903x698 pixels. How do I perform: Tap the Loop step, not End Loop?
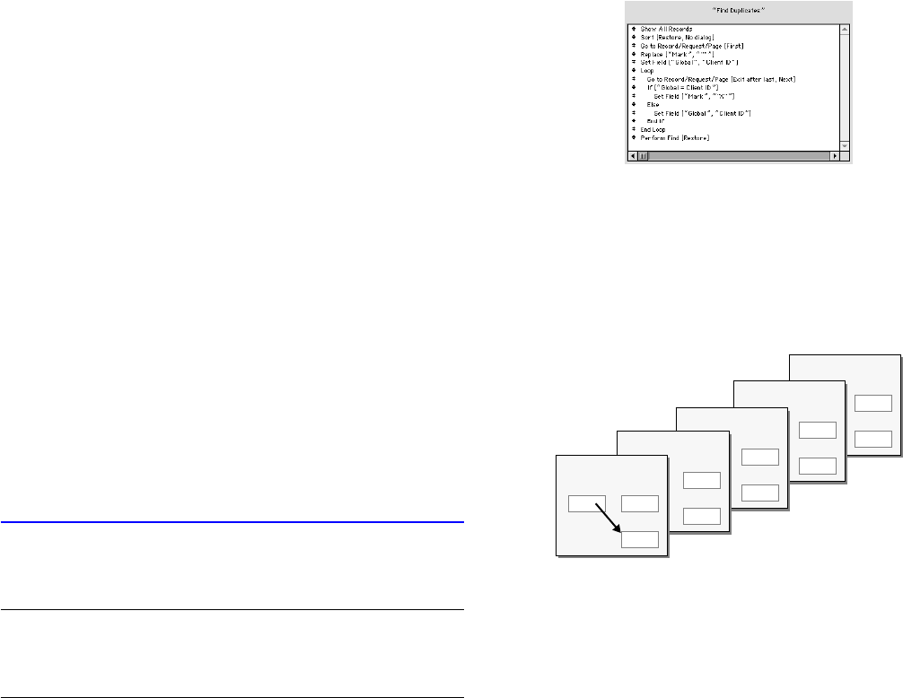point(647,70)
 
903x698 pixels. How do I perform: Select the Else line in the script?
point(653,104)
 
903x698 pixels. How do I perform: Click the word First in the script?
point(732,46)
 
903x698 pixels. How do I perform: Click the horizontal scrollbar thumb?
point(642,155)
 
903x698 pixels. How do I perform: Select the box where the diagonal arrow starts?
point(587,503)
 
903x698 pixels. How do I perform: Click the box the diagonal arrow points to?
point(640,539)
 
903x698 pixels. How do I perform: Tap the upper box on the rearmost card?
point(873,403)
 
